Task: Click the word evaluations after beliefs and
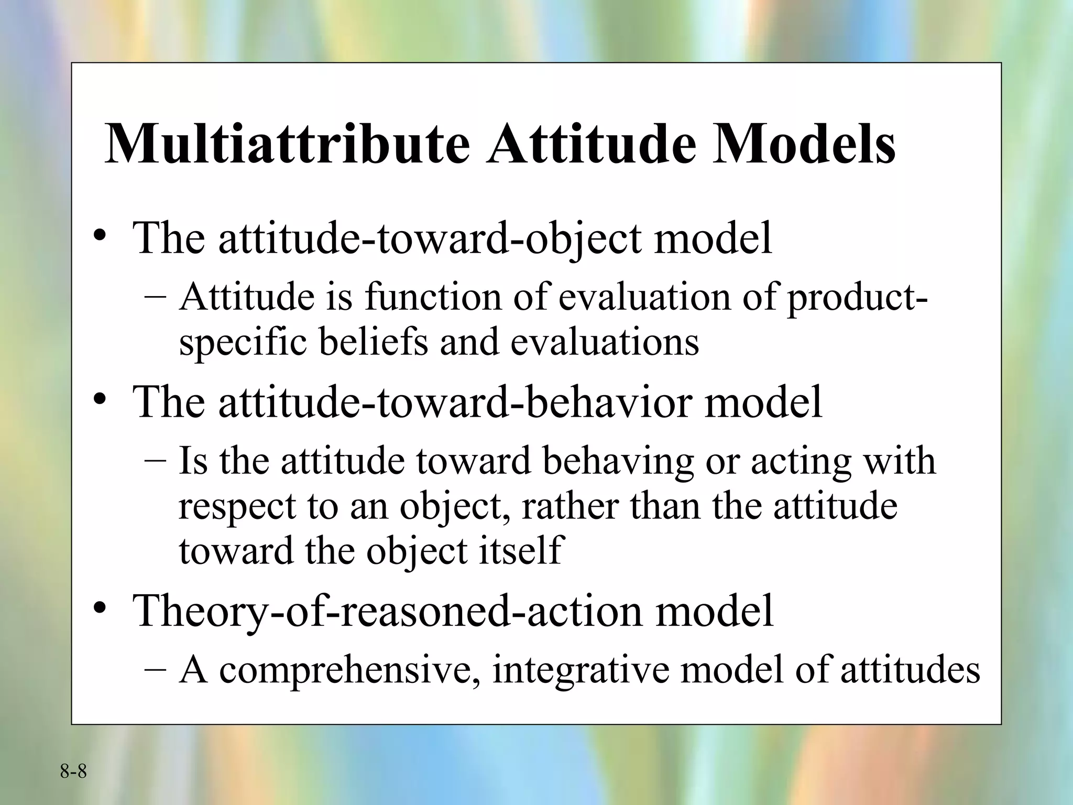point(605,342)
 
